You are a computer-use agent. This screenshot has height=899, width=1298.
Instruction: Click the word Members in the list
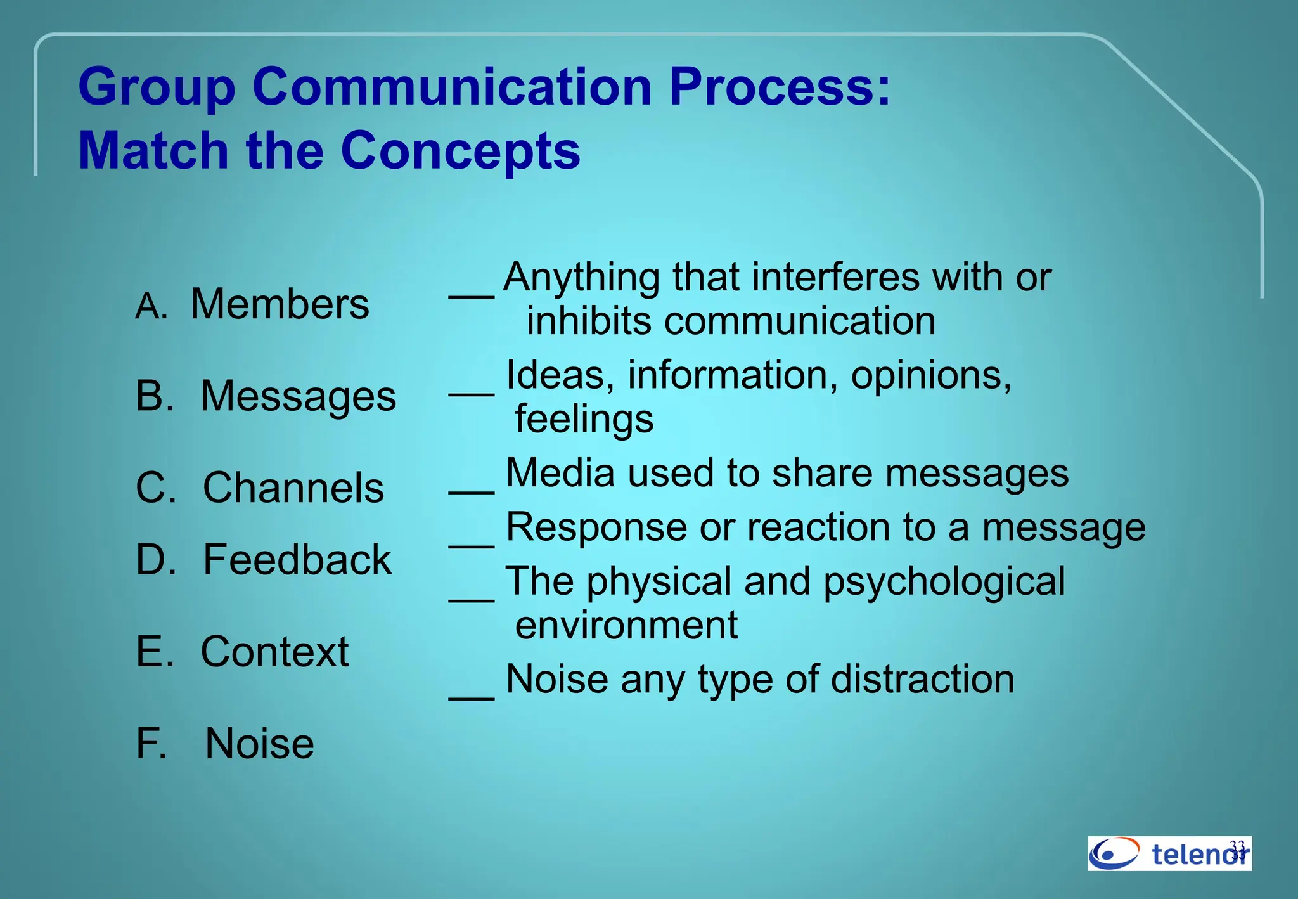(x=280, y=304)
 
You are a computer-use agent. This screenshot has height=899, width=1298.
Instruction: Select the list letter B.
(x=154, y=396)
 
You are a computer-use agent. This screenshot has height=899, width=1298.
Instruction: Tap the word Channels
(x=293, y=488)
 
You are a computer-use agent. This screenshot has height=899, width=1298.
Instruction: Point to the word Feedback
(x=297, y=560)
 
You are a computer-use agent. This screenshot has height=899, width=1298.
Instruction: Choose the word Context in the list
(x=274, y=652)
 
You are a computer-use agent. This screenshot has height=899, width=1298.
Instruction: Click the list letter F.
(x=151, y=744)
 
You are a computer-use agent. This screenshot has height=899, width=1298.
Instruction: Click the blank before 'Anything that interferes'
(x=472, y=294)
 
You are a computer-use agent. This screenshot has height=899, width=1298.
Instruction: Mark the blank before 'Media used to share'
(x=472, y=490)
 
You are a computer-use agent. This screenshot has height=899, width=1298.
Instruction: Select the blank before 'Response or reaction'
(x=472, y=544)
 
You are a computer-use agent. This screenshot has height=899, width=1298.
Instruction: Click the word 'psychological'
(x=944, y=582)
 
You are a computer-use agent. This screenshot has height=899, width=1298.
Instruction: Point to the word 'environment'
(x=626, y=625)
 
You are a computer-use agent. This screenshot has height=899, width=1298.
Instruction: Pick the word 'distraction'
(x=922, y=679)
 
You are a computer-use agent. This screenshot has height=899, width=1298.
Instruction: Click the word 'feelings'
(x=584, y=419)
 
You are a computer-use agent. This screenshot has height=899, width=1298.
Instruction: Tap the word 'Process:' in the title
(x=780, y=87)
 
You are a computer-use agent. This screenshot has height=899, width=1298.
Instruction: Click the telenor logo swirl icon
(x=1114, y=853)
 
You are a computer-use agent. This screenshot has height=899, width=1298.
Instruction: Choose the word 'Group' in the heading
(x=157, y=87)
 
